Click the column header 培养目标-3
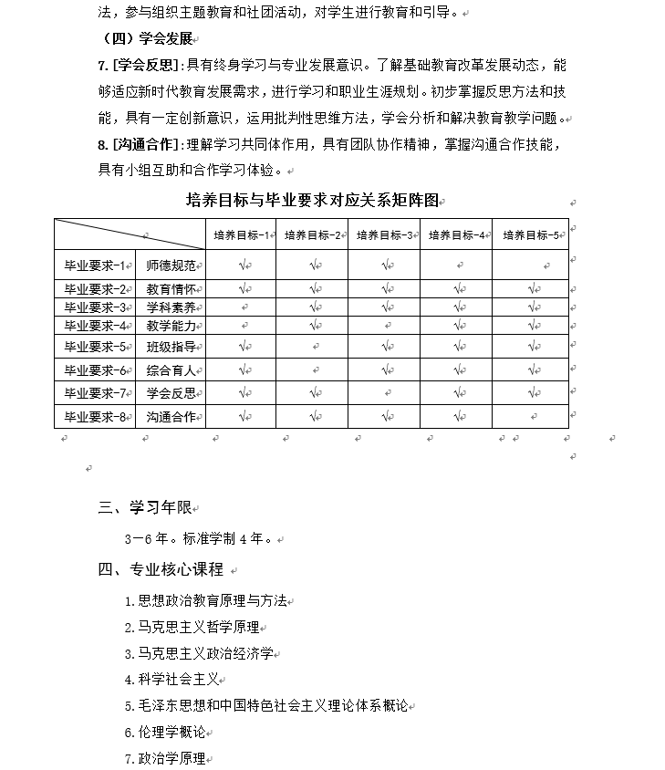(x=384, y=234)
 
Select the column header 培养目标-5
(x=529, y=234)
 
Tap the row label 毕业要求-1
(x=94, y=265)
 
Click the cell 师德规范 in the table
(x=171, y=265)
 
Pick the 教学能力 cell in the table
(x=171, y=325)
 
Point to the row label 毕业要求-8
(x=94, y=417)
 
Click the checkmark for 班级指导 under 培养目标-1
(x=243, y=347)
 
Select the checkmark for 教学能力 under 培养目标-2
(x=315, y=325)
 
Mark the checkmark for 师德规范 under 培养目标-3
(x=387, y=265)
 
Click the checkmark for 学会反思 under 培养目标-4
(x=459, y=393)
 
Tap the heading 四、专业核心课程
(x=161, y=569)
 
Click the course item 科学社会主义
(x=176, y=680)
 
